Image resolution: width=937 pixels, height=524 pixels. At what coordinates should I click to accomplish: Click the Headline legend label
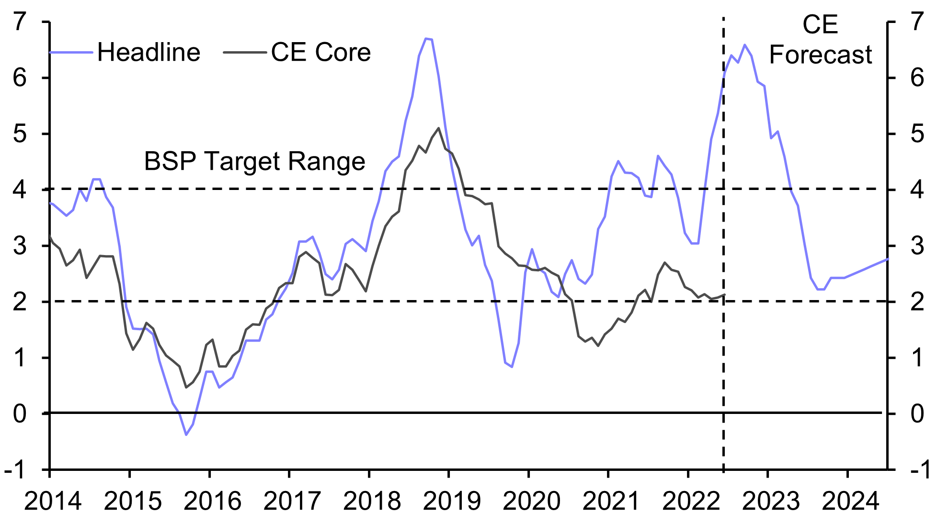[149, 52]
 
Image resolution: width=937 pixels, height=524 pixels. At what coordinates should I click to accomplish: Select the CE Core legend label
[320, 52]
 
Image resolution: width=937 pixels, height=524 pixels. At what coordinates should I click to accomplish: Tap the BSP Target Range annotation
[254, 161]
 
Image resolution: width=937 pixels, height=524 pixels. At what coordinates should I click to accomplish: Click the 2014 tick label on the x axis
[53, 502]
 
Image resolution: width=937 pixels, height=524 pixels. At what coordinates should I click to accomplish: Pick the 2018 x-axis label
[372, 502]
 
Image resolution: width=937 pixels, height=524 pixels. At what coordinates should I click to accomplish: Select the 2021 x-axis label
[611, 502]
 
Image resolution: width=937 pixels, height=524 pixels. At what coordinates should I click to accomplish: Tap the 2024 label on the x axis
[850, 502]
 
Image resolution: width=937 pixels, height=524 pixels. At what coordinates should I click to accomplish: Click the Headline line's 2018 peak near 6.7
[426, 38]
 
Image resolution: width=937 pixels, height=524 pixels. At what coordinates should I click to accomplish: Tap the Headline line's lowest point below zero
[186, 435]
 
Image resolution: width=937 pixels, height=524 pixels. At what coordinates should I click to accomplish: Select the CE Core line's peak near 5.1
[438, 128]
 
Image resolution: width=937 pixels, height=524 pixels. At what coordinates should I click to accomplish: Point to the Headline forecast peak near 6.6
[744, 45]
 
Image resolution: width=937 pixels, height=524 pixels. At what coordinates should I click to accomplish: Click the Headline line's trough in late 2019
[512, 367]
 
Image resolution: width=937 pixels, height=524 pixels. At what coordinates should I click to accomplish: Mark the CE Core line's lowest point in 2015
[186, 387]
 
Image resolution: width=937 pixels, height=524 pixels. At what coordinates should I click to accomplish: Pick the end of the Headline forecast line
[888, 259]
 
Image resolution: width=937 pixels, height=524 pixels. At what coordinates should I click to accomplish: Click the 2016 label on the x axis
[212, 502]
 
